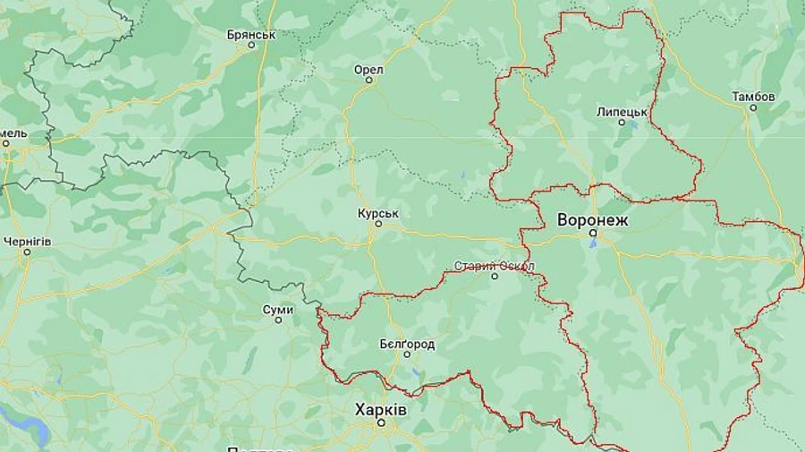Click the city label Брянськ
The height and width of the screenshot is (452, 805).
[251, 35]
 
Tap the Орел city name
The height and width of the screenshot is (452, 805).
[369, 70]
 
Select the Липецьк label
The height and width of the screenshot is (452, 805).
[622, 112]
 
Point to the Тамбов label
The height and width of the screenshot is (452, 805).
[753, 96]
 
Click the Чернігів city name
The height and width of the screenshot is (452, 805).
[27, 242]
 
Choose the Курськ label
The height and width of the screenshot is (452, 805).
[377, 214]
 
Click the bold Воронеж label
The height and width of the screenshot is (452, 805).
[593, 219]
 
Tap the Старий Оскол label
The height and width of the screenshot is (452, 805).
[495, 266]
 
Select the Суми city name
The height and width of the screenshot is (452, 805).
[278, 310]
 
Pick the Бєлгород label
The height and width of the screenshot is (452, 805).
[407, 344]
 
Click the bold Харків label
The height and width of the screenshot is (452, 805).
[380, 409]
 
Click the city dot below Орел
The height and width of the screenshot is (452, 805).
[369, 81]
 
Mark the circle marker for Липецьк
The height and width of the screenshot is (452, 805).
[622, 123]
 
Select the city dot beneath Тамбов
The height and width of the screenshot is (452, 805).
[753, 107]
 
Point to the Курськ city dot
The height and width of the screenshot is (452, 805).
[378, 224]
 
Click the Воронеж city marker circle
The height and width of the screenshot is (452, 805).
[592, 233]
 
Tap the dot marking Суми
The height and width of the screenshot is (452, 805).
[278, 320]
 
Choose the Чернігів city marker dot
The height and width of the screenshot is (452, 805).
[27, 252]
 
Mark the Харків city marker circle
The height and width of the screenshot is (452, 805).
[381, 422]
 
